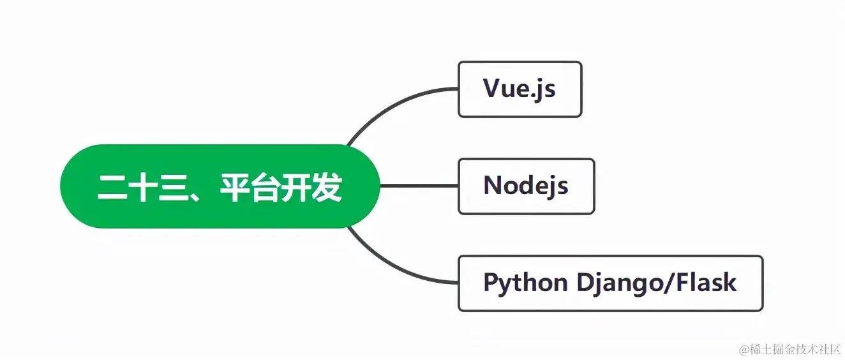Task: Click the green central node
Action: pos(220,186)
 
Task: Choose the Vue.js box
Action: pos(520,89)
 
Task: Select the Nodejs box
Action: pos(526,186)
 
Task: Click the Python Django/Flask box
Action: pos(610,283)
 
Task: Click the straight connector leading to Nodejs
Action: pos(419,186)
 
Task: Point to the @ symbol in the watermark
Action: pos(744,350)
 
